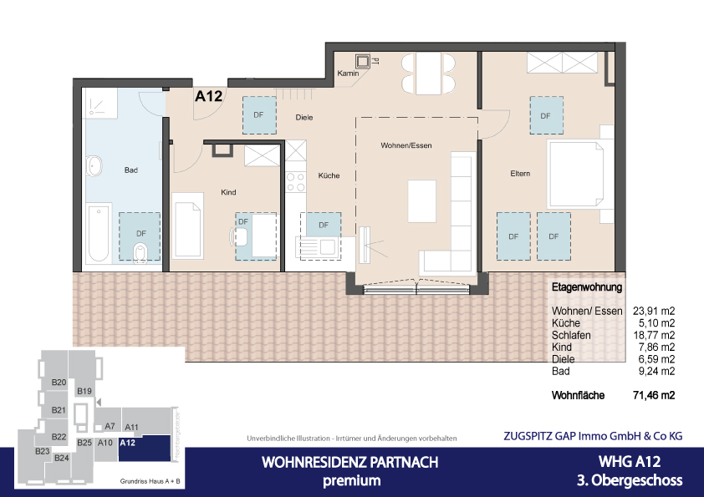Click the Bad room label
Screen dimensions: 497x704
point(130,170)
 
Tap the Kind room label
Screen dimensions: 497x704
point(228,193)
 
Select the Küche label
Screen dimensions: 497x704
point(329,176)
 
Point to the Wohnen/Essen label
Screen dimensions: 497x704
point(406,146)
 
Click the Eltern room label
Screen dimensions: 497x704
point(522,174)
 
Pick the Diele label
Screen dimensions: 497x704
point(304,118)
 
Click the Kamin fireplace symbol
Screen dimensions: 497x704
point(362,61)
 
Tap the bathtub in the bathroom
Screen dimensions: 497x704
point(97,233)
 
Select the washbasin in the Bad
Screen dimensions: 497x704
point(94,165)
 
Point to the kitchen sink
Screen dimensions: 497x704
point(324,246)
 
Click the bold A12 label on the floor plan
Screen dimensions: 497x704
point(208,97)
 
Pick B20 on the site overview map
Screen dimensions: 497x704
point(59,383)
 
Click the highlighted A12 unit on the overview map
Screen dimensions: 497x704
point(128,443)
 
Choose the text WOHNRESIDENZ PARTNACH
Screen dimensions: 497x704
point(349,463)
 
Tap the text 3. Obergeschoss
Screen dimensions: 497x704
point(630,480)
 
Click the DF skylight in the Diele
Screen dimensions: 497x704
point(259,114)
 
